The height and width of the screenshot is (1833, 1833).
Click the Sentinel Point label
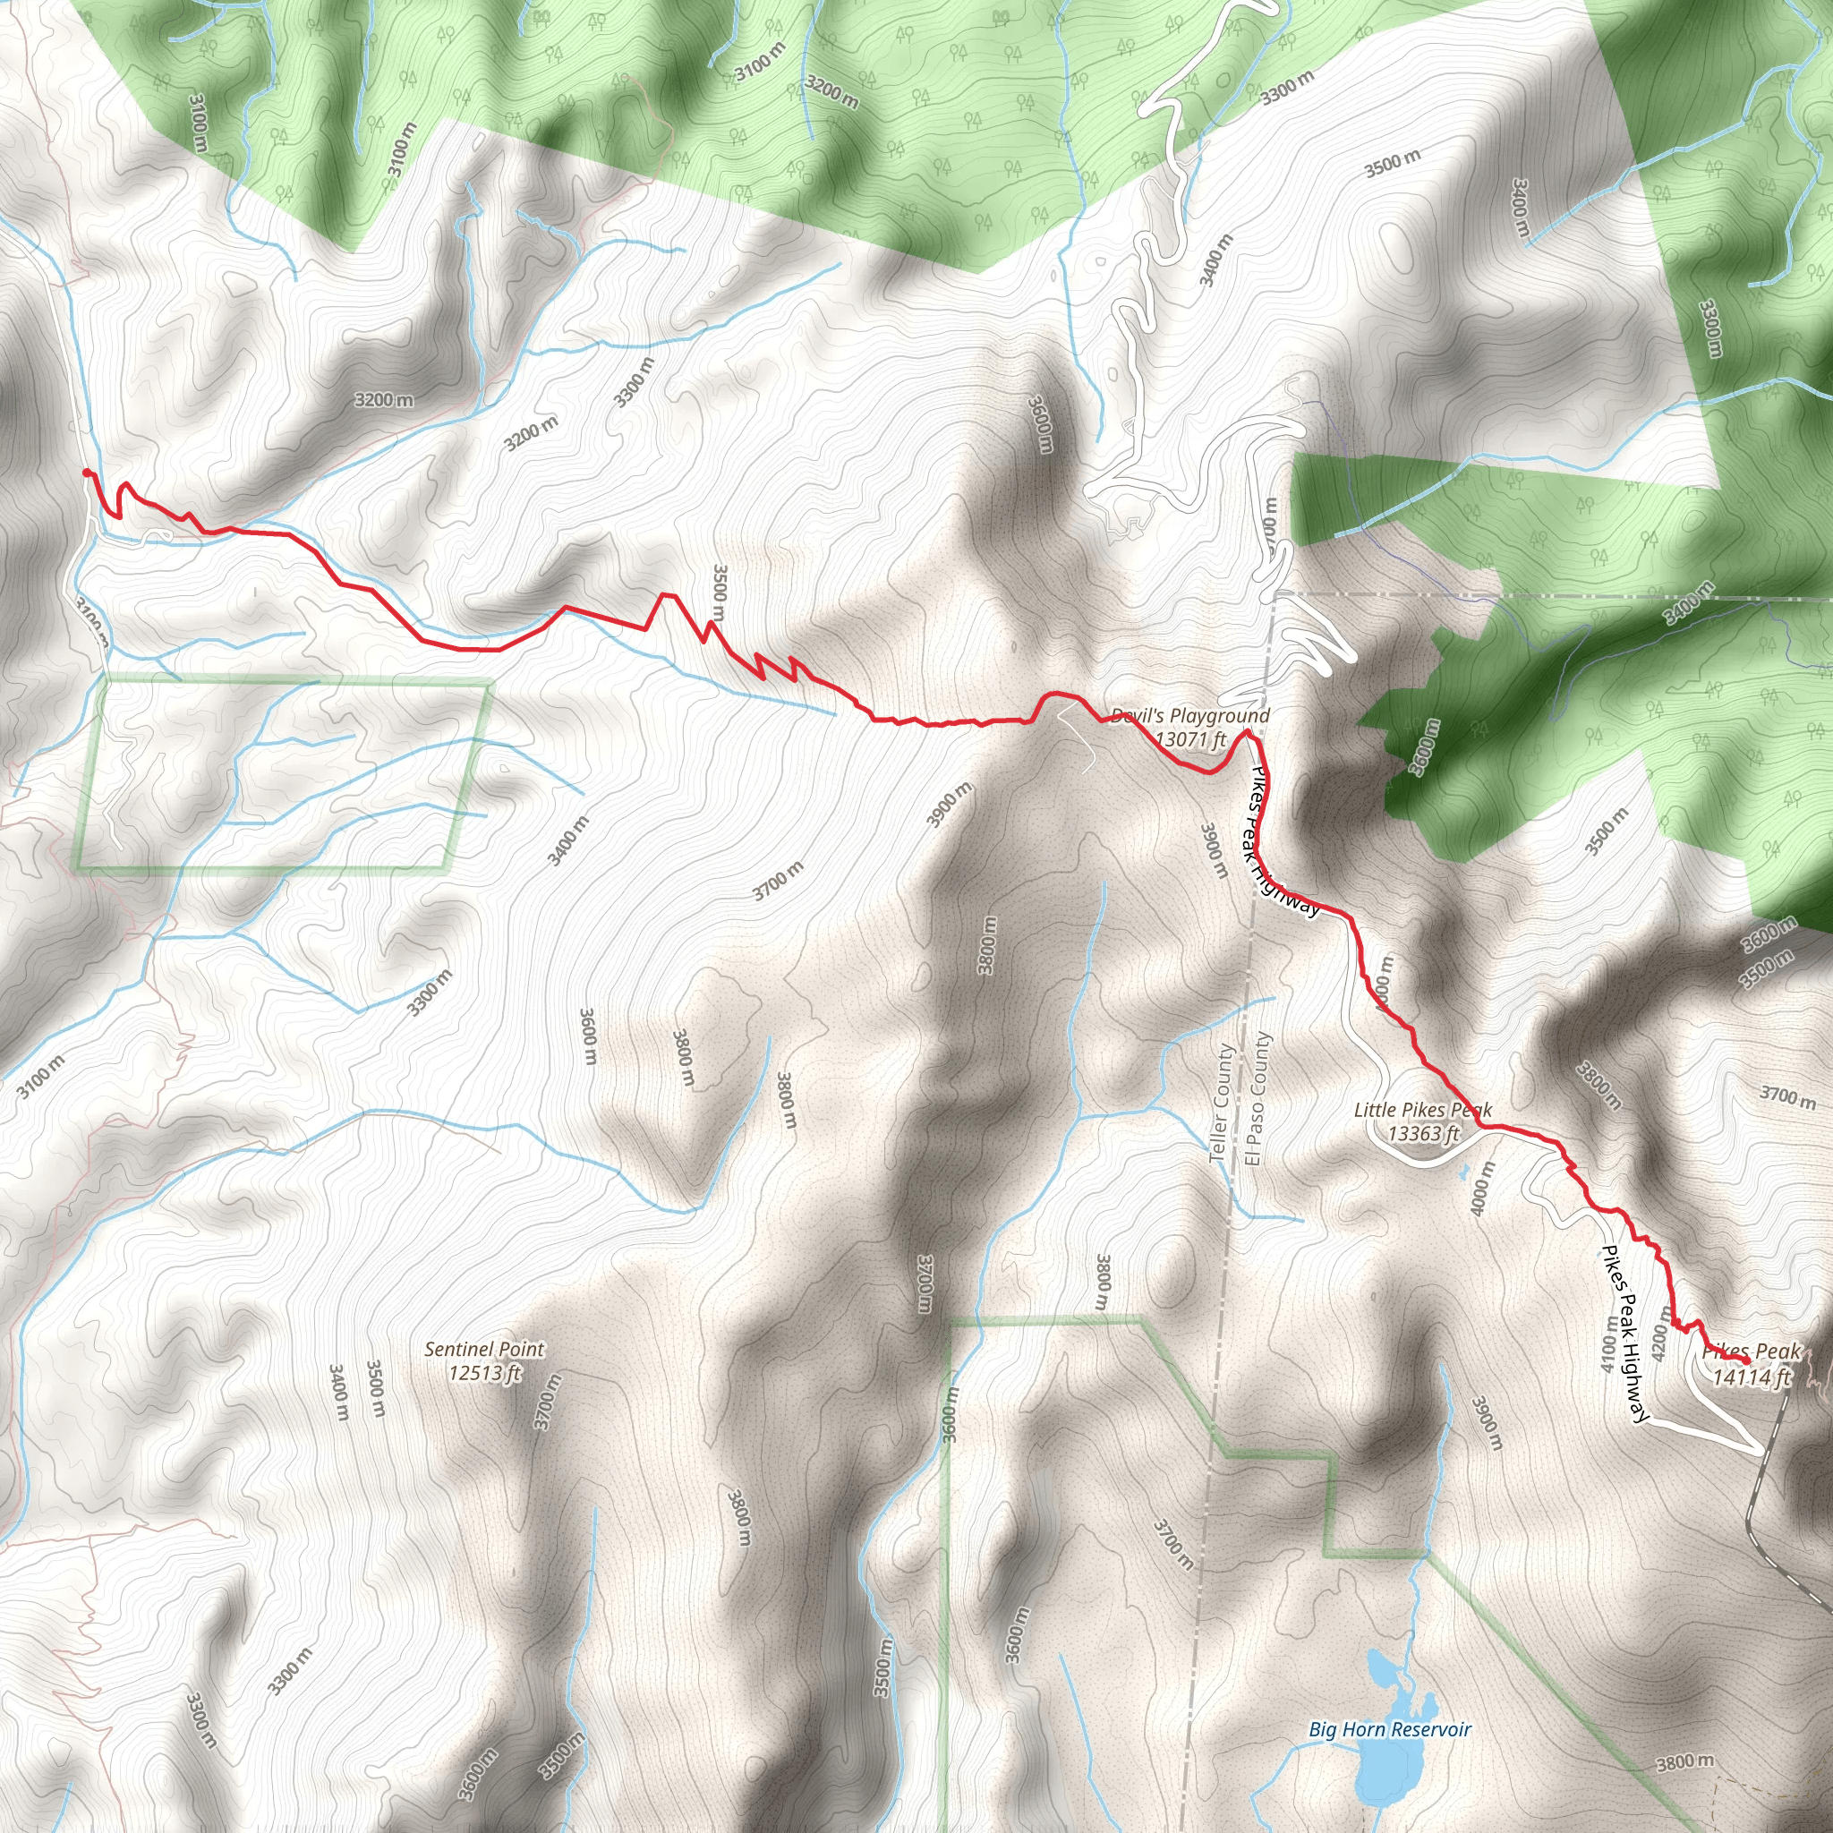(484, 1348)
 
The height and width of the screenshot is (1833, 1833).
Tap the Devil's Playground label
(1189, 715)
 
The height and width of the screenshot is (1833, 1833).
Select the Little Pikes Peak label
(1422, 1109)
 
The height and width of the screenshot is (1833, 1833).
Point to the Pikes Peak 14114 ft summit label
(1752, 1363)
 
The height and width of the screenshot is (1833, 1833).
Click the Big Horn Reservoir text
(1389, 1728)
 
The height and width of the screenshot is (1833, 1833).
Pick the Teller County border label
(1222, 1104)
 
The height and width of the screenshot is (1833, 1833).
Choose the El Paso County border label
(1259, 1099)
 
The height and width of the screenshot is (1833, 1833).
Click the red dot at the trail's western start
(86, 473)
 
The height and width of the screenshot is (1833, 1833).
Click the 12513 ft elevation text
(485, 1372)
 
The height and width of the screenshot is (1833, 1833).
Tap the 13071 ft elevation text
(1190, 738)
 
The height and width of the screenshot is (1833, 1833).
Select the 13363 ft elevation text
(1423, 1133)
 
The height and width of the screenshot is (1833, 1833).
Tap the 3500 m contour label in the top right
(1392, 163)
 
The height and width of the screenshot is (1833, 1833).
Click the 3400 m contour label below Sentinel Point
(338, 1392)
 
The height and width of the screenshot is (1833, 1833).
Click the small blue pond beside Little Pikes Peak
(1467, 1169)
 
